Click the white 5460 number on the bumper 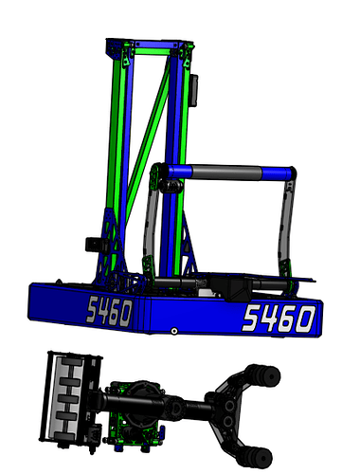tap(279, 319)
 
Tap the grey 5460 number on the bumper tap(109, 311)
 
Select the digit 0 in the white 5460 tap(305, 319)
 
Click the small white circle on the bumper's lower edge tap(174, 331)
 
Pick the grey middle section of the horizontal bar tap(226, 173)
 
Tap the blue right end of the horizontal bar tap(276, 173)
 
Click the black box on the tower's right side tap(194, 90)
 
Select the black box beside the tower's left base tap(94, 245)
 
